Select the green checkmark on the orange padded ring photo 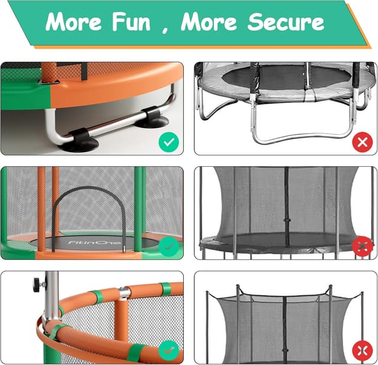click(x=168, y=350)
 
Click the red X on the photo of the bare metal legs click(x=361, y=142)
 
